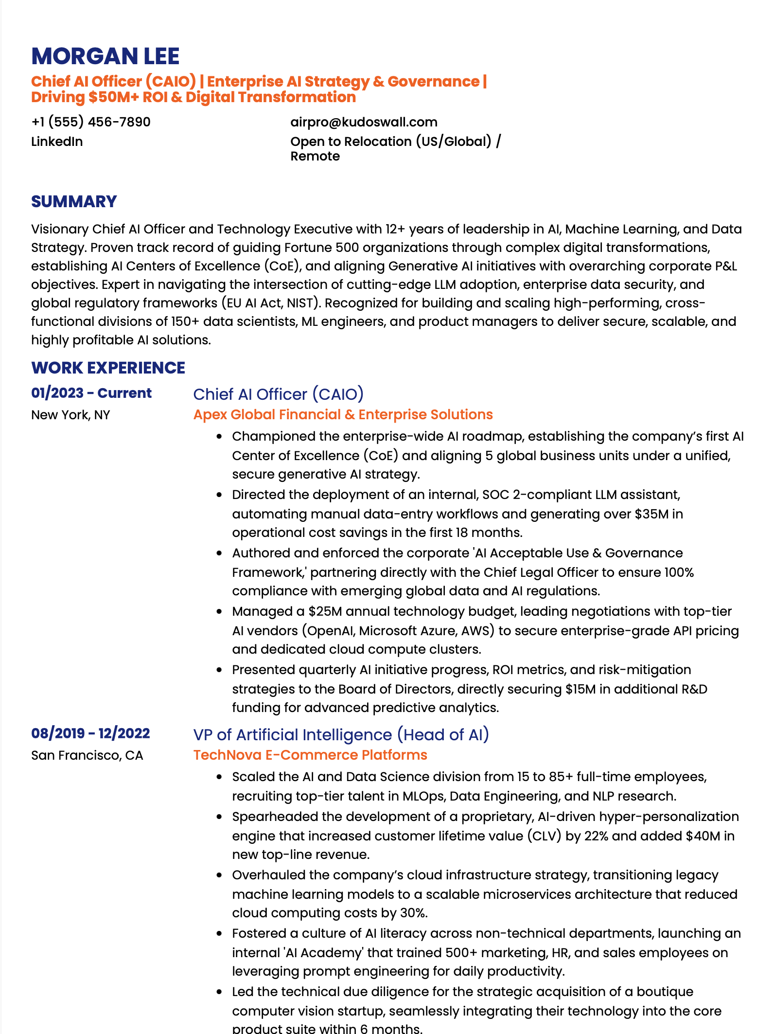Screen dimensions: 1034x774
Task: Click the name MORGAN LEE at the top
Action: (105, 56)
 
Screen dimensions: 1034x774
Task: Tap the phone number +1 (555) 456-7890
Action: (91, 122)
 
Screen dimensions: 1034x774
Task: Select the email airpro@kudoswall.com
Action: (364, 122)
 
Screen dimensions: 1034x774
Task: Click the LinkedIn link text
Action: (57, 142)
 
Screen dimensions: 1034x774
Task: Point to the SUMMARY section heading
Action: (74, 201)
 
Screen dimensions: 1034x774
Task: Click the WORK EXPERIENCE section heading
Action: (108, 368)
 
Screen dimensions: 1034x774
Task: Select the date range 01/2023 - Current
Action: (91, 393)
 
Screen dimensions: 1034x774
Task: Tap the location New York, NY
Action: (70, 415)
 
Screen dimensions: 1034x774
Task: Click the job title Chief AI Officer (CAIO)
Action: (278, 394)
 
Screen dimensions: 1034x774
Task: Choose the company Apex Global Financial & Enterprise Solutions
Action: (343, 414)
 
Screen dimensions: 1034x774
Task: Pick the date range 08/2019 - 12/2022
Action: (90, 733)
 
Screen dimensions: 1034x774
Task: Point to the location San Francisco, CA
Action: (87, 755)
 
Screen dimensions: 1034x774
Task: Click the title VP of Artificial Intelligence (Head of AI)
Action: (341, 734)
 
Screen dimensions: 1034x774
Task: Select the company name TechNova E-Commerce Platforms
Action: (310, 755)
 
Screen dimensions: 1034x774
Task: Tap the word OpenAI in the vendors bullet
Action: (331, 631)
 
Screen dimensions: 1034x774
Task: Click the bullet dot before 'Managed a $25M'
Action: (220, 612)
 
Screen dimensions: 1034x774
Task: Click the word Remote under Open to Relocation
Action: (315, 156)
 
